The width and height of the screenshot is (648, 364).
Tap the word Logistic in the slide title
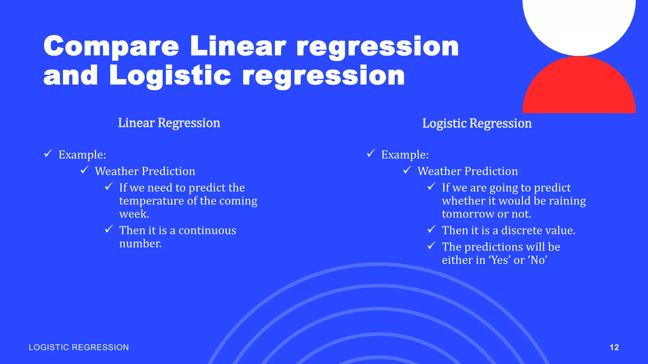170,76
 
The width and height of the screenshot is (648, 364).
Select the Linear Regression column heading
169,123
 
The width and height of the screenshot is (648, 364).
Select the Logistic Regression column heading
477,123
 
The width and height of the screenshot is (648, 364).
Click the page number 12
614,347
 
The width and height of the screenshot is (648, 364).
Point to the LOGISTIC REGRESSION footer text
79,347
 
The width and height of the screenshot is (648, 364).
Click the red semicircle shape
579,88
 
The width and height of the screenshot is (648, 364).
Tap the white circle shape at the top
579,22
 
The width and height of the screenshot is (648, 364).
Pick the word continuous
207,230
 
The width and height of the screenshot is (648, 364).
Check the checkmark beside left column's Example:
48,154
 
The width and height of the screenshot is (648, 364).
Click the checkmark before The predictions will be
432,246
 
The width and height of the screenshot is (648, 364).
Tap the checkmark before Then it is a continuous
109,229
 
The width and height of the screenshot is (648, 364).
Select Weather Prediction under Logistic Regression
468,171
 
